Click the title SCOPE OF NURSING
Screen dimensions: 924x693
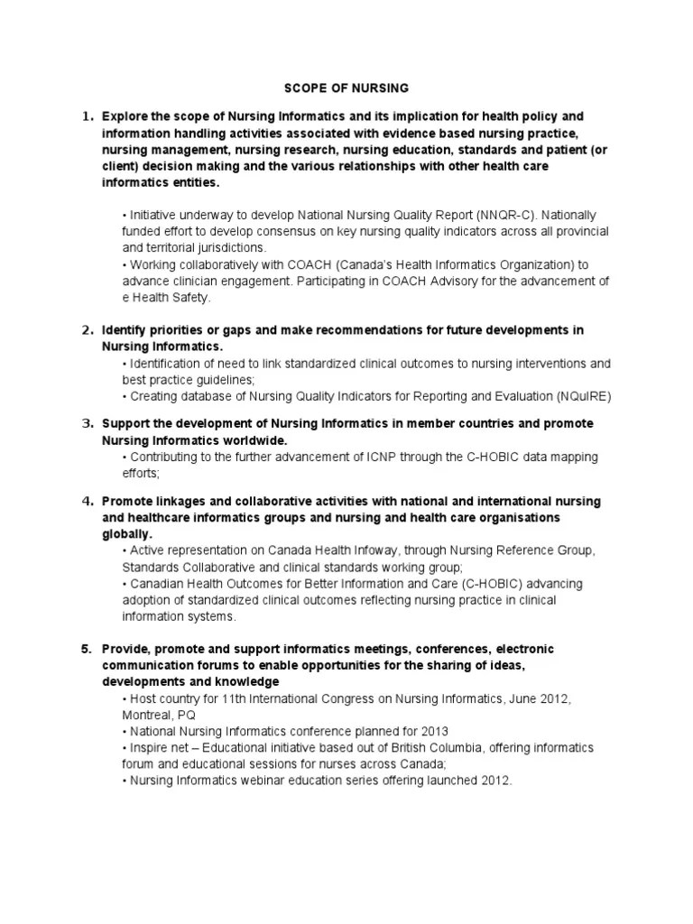coord(346,88)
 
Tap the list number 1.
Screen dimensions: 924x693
coord(88,117)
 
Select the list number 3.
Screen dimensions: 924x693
coord(88,423)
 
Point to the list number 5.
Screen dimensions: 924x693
coord(88,649)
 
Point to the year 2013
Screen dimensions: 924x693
coord(432,731)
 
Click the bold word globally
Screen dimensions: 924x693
coord(127,533)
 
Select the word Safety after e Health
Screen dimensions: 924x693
coord(191,297)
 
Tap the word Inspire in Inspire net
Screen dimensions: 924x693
coord(150,747)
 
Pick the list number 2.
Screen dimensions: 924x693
coord(88,330)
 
